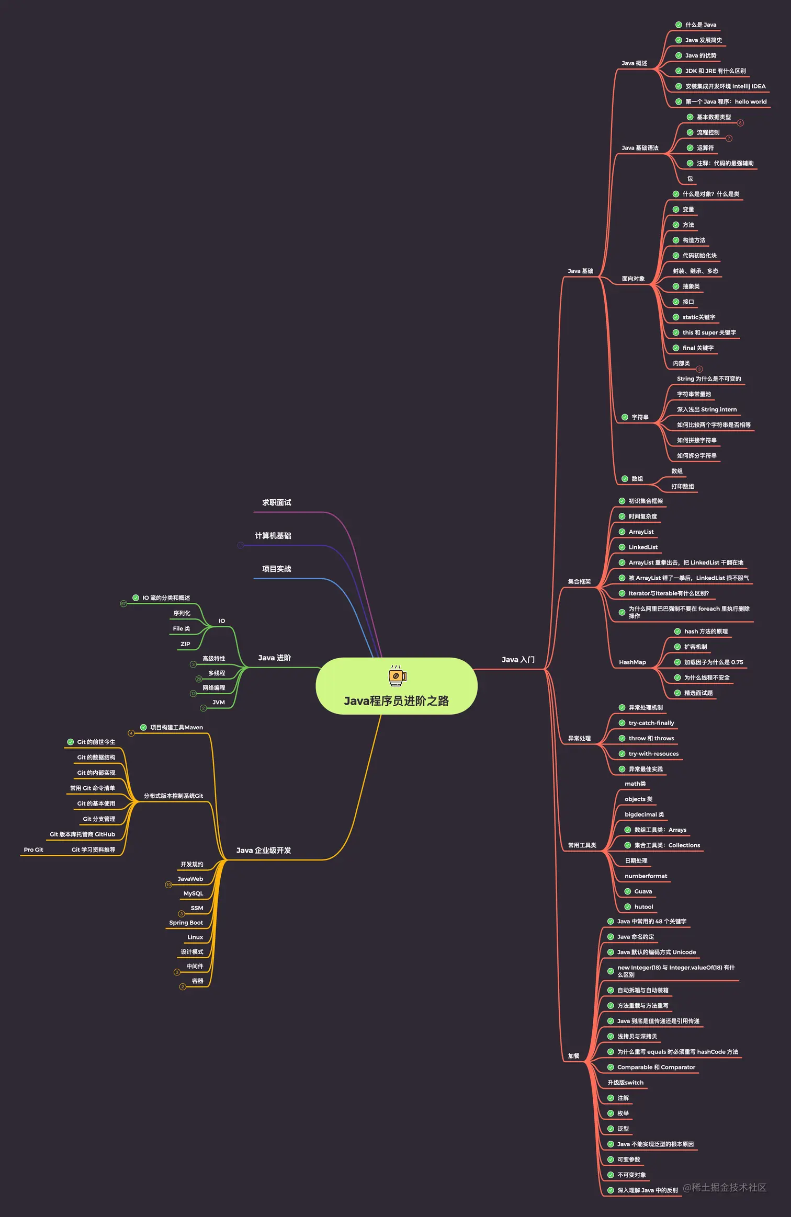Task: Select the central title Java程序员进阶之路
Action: (x=396, y=701)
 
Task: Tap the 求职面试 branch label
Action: (x=276, y=502)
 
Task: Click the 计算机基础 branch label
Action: (x=273, y=536)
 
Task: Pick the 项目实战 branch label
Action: (x=276, y=569)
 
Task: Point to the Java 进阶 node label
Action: (x=274, y=658)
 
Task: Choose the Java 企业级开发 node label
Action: (x=263, y=851)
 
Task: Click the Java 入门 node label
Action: (x=518, y=660)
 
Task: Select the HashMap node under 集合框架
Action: (x=632, y=662)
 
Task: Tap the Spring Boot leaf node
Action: (x=186, y=923)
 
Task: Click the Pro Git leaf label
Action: (x=33, y=849)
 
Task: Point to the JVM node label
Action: (x=218, y=702)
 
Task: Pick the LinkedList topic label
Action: (x=643, y=547)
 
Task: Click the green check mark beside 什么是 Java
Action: (x=679, y=25)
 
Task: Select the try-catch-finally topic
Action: (x=651, y=723)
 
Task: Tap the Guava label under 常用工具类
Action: (x=643, y=891)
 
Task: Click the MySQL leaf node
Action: (x=193, y=893)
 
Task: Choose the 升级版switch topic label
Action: (x=625, y=1083)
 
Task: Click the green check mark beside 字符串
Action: (x=625, y=417)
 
